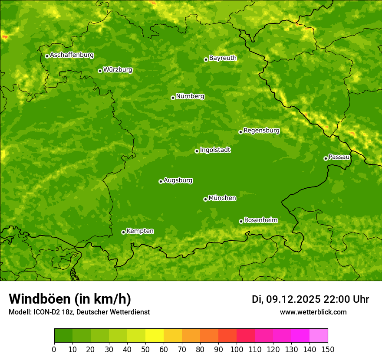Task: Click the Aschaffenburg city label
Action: pyautogui.click(x=72, y=55)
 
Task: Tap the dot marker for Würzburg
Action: pyautogui.click(x=100, y=71)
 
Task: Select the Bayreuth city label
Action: pyautogui.click(x=223, y=58)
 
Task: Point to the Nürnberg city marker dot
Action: pyautogui.click(x=173, y=98)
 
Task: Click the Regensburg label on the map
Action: pyautogui.click(x=261, y=131)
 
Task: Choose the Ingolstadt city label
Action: pyautogui.click(x=215, y=150)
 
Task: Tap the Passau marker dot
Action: pyautogui.click(x=326, y=158)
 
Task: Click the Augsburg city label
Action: pyautogui.click(x=178, y=180)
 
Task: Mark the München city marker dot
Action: pyautogui.click(x=205, y=199)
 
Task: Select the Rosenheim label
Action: pyautogui.click(x=260, y=220)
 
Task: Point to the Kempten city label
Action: pyautogui.click(x=140, y=231)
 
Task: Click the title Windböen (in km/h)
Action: pyautogui.click(x=70, y=299)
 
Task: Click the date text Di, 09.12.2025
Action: pyautogui.click(x=286, y=299)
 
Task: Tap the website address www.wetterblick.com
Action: pyautogui.click(x=313, y=312)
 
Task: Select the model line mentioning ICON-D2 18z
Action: pyautogui.click(x=79, y=312)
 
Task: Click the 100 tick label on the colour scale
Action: pyautogui.click(x=237, y=350)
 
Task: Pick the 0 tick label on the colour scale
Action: pyautogui.click(x=54, y=350)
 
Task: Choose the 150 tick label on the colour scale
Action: pyautogui.click(x=328, y=350)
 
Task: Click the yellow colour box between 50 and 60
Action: pyautogui.click(x=155, y=336)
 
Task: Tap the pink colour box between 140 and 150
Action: pyautogui.click(x=319, y=336)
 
